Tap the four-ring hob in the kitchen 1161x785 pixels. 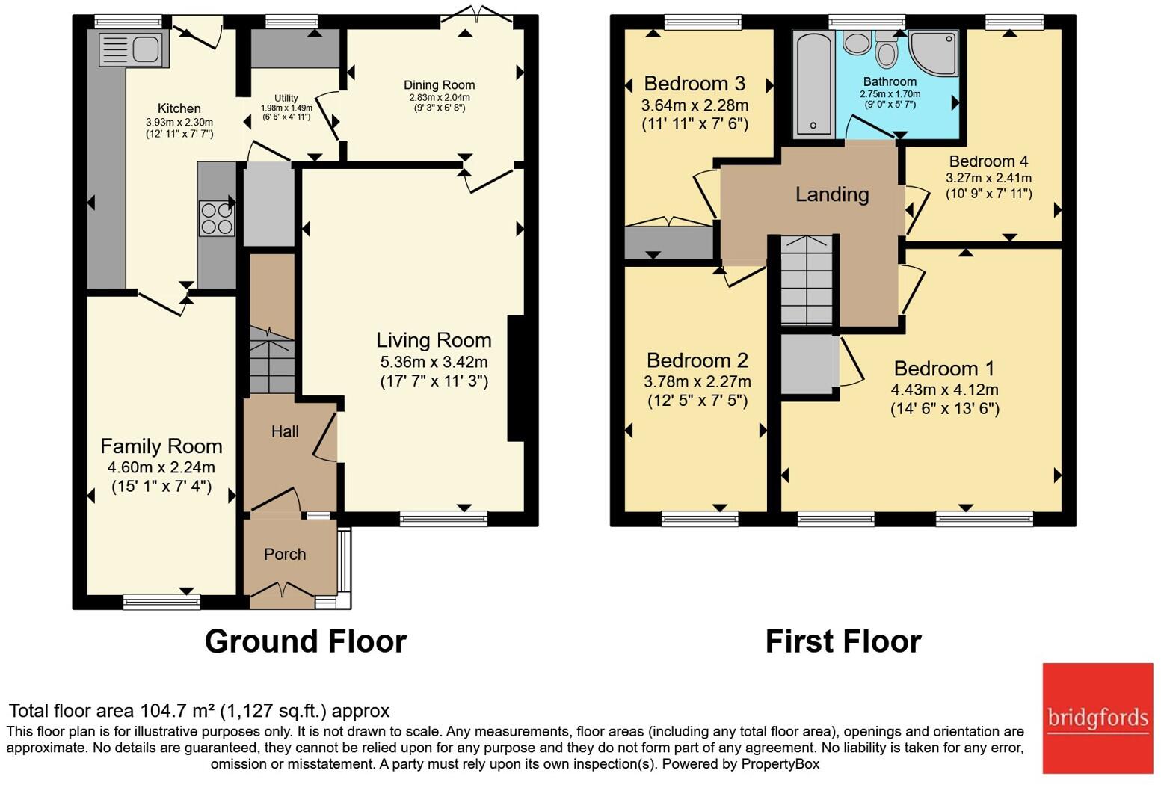click(217, 218)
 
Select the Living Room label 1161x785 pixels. click(434, 340)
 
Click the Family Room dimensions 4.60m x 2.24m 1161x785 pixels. click(161, 467)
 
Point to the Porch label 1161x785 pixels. click(285, 554)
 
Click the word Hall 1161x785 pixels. click(285, 431)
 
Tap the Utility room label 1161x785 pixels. click(286, 98)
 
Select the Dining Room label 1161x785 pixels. click(439, 85)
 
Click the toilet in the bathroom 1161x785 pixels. click(887, 52)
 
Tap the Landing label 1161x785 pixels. click(832, 194)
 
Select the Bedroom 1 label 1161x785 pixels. click(944, 368)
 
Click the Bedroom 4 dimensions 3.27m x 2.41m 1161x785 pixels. click(988, 178)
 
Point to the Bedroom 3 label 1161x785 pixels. click(695, 83)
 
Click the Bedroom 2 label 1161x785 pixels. click(697, 360)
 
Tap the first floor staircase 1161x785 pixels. click(807, 280)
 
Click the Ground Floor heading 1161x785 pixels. click(305, 641)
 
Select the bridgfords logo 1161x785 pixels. click(1097, 718)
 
